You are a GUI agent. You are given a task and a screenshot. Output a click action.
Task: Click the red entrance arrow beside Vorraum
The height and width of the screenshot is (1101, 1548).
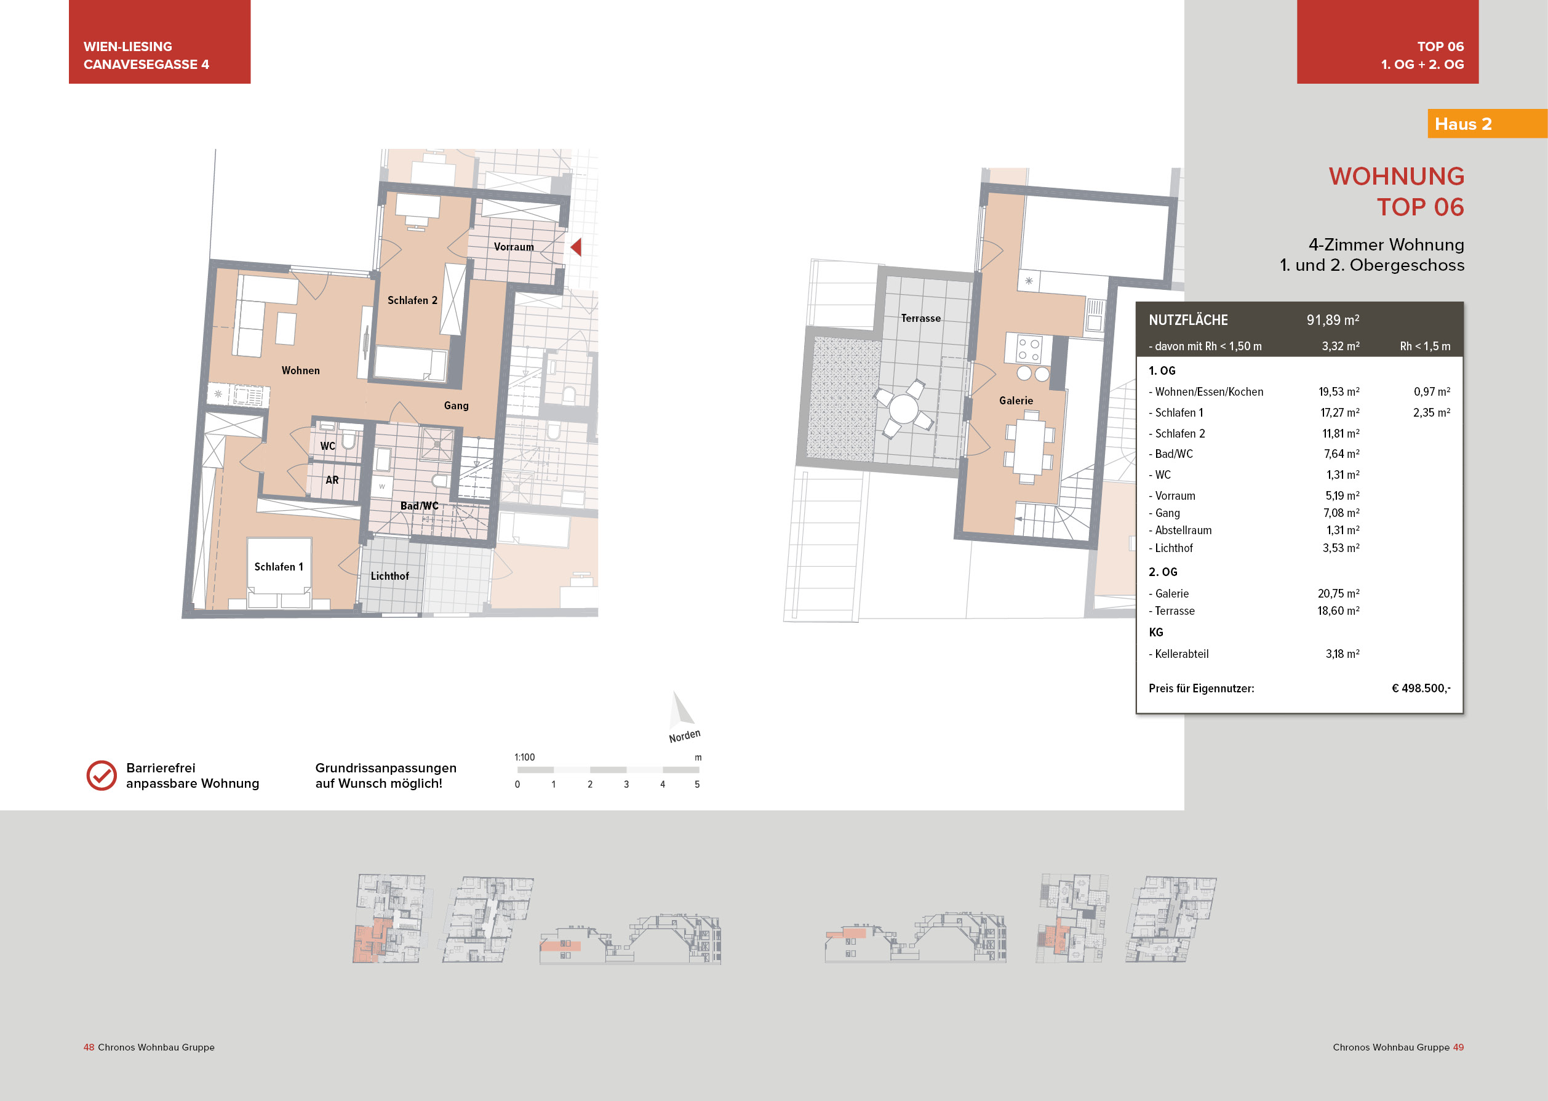pos(576,247)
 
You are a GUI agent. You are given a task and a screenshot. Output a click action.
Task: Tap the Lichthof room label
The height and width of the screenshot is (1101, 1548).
pos(389,576)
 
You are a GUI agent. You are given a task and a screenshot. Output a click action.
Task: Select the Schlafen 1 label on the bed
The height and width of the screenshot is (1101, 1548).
pos(279,567)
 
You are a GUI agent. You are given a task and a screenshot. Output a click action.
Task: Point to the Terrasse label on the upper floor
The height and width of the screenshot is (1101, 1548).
pos(920,318)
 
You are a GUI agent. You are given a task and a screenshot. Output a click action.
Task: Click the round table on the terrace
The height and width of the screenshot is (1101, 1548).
pos(903,409)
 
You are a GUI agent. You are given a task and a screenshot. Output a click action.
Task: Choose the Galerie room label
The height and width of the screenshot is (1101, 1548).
pos(1016,401)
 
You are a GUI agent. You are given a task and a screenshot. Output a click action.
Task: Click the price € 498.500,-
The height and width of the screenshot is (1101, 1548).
pos(1421,688)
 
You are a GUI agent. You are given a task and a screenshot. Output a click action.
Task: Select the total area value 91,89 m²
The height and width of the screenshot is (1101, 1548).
pos(1333,320)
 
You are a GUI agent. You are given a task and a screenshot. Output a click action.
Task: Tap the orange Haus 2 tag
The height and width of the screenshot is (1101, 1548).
pos(1464,124)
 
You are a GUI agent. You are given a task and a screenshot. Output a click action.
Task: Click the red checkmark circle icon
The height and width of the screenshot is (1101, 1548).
pos(102,775)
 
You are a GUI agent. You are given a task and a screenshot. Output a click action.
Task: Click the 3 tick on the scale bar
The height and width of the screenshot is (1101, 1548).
pos(626,785)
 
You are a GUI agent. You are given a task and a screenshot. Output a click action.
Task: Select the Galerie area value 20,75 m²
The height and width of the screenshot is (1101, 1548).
pos(1338,593)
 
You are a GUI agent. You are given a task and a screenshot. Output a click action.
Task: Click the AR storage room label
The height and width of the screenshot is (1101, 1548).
pos(332,480)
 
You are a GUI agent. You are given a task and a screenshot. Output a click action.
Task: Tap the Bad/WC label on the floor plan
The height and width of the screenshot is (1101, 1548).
pos(419,506)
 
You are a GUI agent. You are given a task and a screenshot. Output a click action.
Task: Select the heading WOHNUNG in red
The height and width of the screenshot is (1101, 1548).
pos(1396,176)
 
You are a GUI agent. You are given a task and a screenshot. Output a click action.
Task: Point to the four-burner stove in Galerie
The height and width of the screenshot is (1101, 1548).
pos(1028,349)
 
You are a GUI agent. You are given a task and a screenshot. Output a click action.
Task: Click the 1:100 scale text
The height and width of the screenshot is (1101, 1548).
pos(525,757)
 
